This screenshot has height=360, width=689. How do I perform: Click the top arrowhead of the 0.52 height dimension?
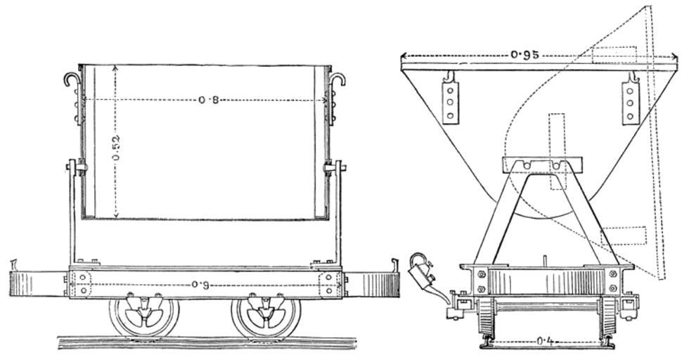tap(115, 67)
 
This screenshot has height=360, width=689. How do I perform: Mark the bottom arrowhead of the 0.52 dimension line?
tap(115, 216)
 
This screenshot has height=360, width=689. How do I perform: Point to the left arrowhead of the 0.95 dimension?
tap(404, 56)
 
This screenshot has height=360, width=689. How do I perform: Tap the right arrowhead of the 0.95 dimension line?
tap(674, 56)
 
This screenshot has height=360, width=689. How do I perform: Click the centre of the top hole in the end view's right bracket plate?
tap(630, 91)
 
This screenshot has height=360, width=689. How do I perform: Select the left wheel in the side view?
tap(144, 316)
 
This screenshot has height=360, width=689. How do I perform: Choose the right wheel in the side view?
tap(266, 316)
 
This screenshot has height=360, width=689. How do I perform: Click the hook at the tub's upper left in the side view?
tap(72, 79)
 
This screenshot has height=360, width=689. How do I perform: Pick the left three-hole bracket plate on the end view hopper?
tap(451, 99)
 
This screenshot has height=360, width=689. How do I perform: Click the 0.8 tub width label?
tap(208, 100)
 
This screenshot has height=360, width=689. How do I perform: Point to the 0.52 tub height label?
tap(116, 148)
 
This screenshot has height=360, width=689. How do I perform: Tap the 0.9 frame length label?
tap(200, 284)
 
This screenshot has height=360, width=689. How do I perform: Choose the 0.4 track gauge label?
tap(545, 340)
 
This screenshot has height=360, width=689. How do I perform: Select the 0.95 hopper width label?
tap(524, 56)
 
